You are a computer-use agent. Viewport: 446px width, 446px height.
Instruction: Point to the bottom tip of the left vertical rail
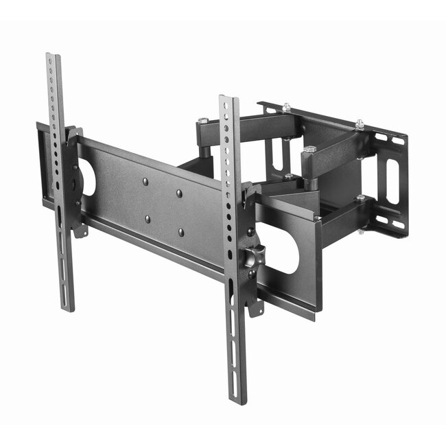coord(68,308)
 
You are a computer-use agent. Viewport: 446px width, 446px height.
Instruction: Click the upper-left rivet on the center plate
coord(146,182)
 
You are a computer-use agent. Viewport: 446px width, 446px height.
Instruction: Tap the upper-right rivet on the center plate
coord(179,193)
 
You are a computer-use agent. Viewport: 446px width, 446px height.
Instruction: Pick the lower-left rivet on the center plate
coord(147,220)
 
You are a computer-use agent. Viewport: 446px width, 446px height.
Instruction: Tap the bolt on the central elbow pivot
coord(309,150)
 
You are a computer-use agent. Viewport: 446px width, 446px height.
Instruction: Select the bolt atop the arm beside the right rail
coord(202,122)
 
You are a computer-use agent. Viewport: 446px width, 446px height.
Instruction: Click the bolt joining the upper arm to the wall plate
coord(359,124)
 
